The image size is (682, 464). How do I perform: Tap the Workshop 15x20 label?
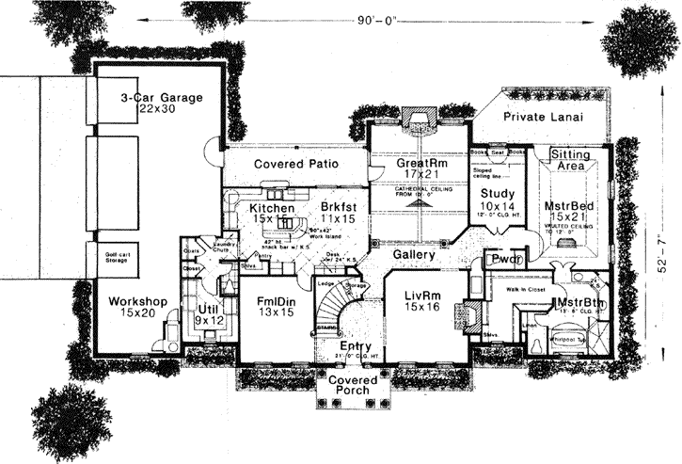137,307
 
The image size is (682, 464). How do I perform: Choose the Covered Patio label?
296,164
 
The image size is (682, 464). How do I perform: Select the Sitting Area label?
570,159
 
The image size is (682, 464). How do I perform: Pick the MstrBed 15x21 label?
567,210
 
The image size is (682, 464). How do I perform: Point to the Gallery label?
414,255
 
